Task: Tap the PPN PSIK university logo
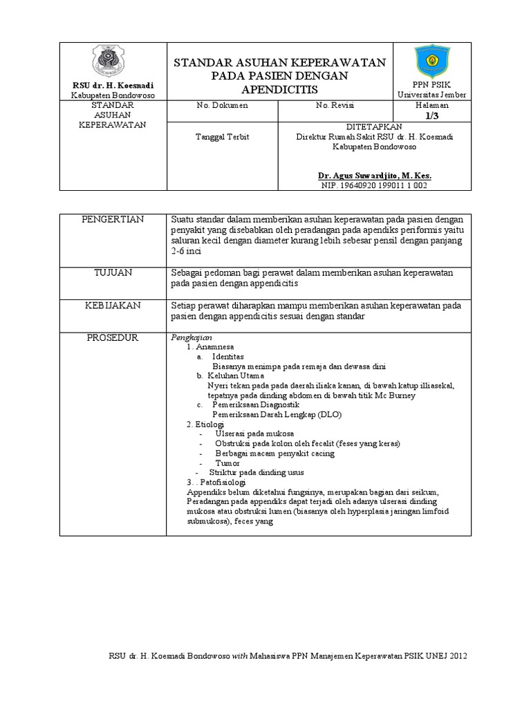click(431, 61)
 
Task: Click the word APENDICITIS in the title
click(280, 91)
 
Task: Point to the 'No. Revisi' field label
click(335, 106)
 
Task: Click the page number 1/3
click(431, 116)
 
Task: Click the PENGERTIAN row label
click(113, 219)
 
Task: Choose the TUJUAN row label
click(113, 273)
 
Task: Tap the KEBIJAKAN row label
click(113, 304)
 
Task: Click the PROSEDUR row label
click(113, 337)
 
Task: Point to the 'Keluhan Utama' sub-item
click(236, 375)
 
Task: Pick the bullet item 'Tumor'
click(227, 463)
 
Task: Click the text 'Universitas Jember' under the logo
click(431, 94)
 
